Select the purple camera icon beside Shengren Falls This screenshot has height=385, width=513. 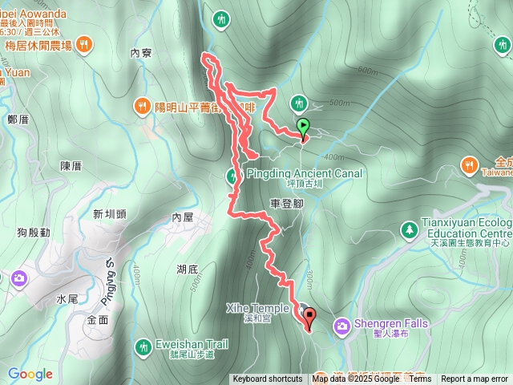(x=341, y=325)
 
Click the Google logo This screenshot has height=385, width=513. (x=30, y=374)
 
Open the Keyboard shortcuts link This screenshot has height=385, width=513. (x=268, y=379)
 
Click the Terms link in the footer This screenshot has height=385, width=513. (x=420, y=379)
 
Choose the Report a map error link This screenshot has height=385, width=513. (x=474, y=379)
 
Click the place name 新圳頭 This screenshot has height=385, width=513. (x=110, y=214)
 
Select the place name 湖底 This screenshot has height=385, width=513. (x=188, y=269)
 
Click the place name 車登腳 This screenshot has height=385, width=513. (x=286, y=204)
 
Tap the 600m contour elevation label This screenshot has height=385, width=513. (x=368, y=71)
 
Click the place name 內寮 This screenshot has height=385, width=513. (x=140, y=53)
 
